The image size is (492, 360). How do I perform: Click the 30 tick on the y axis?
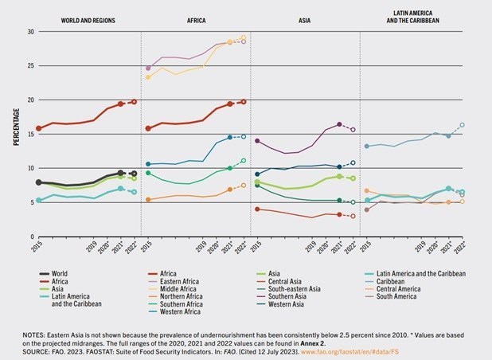pos(30,32)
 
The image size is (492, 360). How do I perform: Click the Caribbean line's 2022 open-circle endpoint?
pos(463,125)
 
